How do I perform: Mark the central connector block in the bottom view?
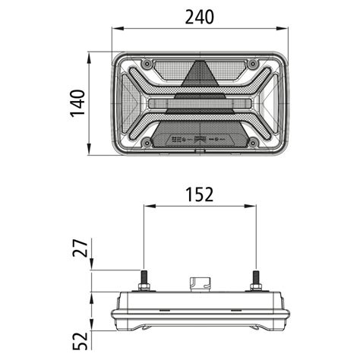(x=201, y=283)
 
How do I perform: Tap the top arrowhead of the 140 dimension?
(x=92, y=55)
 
